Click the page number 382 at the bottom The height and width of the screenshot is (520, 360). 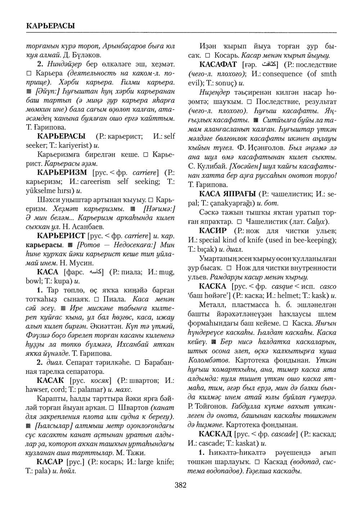tap(180, 485)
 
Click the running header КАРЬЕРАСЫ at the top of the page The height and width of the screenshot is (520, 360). tap(50, 26)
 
